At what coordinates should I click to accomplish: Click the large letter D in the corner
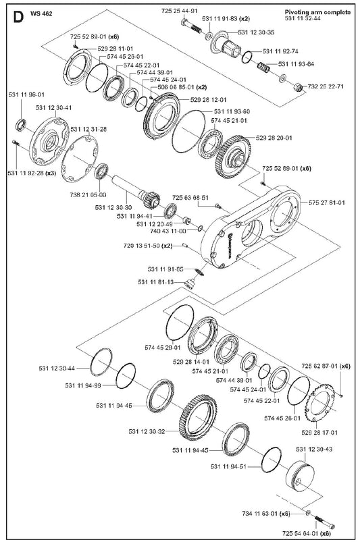[18, 17]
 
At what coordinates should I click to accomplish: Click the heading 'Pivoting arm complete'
[317, 12]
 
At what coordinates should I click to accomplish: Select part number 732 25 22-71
[326, 86]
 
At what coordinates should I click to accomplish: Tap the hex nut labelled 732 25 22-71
[299, 87]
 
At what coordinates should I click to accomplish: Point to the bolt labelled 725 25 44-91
[191, 26]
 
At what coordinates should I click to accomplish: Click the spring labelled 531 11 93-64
[263, 66]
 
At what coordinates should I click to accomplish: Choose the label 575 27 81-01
[327, 202]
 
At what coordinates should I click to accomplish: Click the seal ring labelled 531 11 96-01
[22, 124]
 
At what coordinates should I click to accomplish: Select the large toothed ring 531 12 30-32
[197, 418]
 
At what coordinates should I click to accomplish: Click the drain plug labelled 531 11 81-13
[189, 283]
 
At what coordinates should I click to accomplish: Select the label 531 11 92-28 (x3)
[32, 173]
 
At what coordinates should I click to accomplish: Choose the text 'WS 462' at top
[41, 14]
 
